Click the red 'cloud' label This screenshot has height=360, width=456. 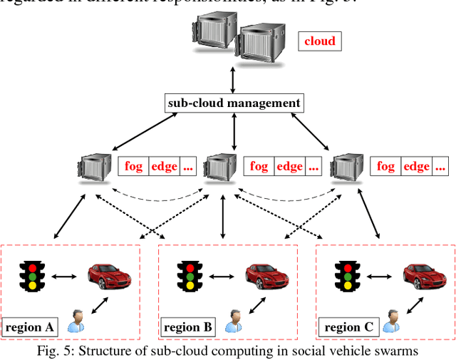319,41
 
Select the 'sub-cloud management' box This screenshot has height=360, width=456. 234,103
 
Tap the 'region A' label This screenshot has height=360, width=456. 30,327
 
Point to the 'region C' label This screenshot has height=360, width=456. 347,327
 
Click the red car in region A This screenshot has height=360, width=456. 108,274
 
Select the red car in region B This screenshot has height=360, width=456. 267,274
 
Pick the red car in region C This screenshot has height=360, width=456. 425,274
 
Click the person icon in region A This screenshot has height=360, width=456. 75,322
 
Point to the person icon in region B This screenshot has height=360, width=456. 232,322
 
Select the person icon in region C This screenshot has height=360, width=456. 390,322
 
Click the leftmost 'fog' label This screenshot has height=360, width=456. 133,166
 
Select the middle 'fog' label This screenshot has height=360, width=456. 259,166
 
